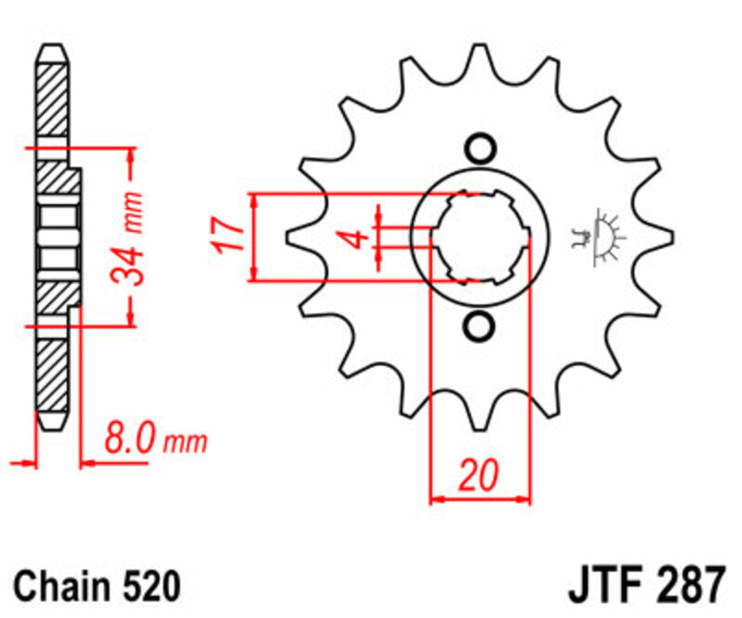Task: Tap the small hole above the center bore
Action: point(480,148)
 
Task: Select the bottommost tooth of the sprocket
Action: point(480,416)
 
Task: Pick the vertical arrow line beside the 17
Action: point(253,238)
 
